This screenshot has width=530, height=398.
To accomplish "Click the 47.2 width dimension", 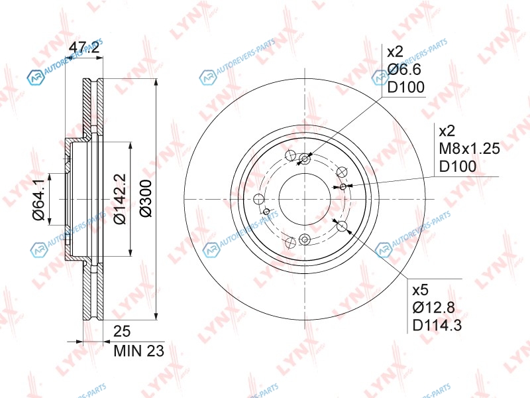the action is pos(84,48).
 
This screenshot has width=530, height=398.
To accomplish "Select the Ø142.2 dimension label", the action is pos(120,198).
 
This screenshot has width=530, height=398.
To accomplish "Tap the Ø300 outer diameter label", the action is pos(146,198).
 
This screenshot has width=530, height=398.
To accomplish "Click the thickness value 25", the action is pos(122,331).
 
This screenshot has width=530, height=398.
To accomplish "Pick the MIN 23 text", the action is pos(139,351).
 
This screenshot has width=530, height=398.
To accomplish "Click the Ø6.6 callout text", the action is pos(404,70).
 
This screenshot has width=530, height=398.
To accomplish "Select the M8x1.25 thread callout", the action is pos(469,148).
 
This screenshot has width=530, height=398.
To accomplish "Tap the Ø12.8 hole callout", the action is pos(434,308).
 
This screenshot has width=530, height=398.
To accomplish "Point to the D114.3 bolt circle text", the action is pos(437,326).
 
